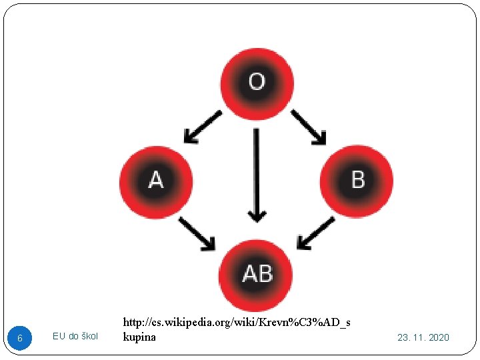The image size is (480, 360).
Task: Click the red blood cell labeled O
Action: tap(257, 83)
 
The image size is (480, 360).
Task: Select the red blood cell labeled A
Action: tap(156, 181)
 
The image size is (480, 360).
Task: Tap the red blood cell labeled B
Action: tap(357, 180)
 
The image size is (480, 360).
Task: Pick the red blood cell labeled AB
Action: tap(257, 275)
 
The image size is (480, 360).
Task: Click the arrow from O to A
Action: tap(203, 127)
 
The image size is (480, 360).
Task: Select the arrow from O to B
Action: tap(308, 127)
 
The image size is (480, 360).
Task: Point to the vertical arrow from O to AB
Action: tap(257, 173)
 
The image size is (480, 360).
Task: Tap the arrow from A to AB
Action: tap(197, 233)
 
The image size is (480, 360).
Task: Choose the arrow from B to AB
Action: tap(315, 233)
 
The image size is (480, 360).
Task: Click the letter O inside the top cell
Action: tap(257, 82)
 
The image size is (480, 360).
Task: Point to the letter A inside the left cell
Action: tap(156, 181)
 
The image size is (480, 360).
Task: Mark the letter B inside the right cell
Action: tap(358, 179)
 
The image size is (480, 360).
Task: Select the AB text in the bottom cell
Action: tap(257, 273)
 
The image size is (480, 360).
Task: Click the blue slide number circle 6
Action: tap(20, 338)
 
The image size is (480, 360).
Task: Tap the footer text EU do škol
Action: tap(75, 336)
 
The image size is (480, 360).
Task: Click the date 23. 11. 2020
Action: tap(423, 337)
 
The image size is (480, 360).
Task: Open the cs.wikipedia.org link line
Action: tap(237, 323)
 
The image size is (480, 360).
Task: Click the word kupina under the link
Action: tap(139, 337)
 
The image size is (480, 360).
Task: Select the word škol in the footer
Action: tap(89, 336)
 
